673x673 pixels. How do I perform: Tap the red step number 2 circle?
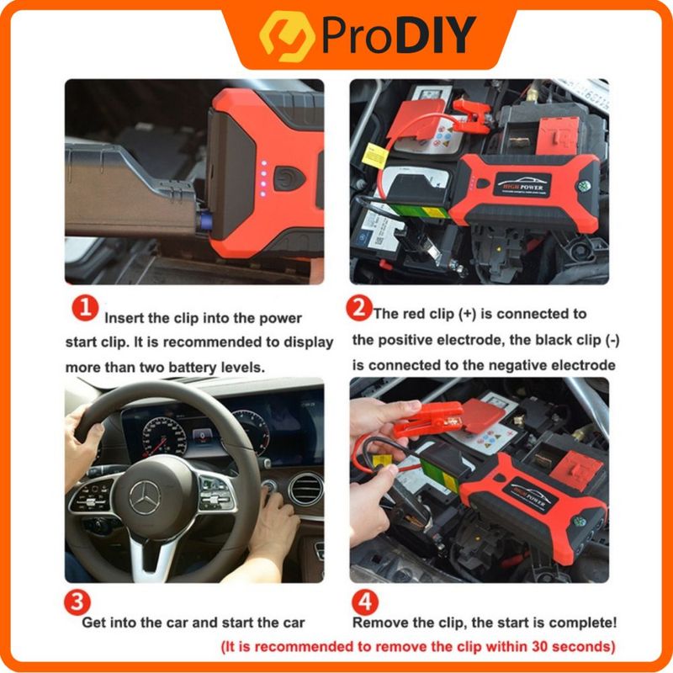click(x=359, y=309)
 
